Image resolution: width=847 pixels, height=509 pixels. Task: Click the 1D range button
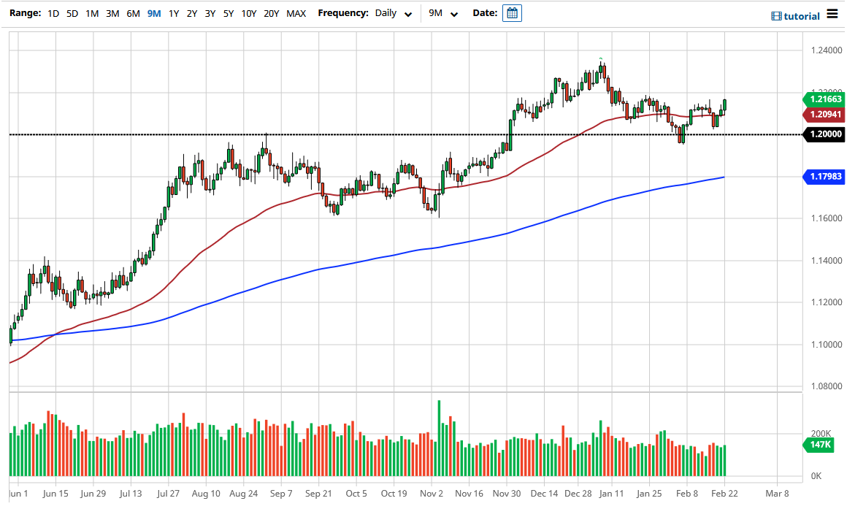pyautogui.click(x=53, y=13)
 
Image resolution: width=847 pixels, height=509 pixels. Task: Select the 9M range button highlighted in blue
pyautogui.click(x=154, y=13)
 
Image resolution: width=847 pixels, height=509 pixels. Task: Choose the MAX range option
pyautogui.click(x=296, y=13)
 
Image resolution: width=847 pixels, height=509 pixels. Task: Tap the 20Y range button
pyautogui.click(x=272, y=13)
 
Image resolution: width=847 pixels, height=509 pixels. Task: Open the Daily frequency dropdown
pyautogui.click(x=393, y=13)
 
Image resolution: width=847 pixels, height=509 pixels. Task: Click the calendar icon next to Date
pyautogui.click(x=512, y=13)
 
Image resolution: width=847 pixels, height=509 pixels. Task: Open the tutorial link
pyautogui.click(x=796, y=16)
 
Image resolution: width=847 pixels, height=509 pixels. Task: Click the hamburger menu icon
pyautogui.click(x=832, y=15)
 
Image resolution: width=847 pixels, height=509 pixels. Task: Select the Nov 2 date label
pyautogui.click(x=432, y=493)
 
